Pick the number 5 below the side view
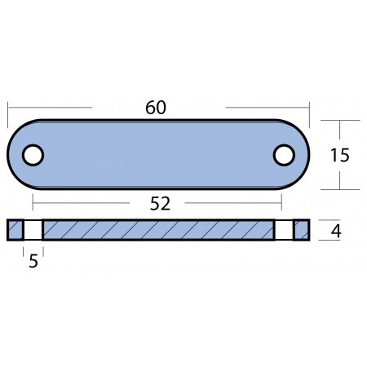(33, 263)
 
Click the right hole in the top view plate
(283, 154)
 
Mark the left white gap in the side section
(33, 231)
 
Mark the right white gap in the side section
(284, 231)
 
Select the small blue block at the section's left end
(15, 231)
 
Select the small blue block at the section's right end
(302, 231)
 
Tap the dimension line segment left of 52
(82, 201)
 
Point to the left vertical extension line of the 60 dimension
(8, 114)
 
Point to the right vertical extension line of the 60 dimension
(311, 114)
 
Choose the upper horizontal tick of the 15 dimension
(338, 120)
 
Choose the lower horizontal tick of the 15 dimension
(338, 189)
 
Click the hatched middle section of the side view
(159, 231)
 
